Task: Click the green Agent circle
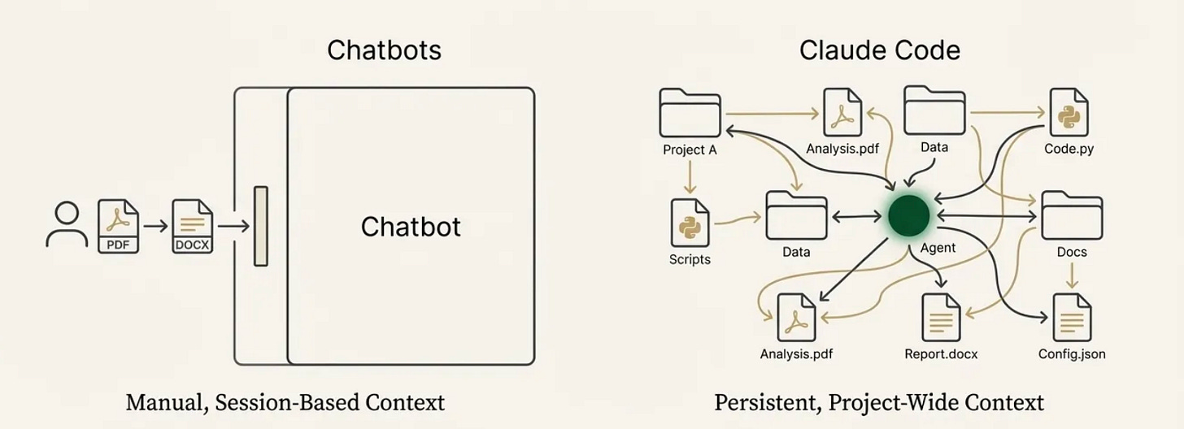click(x=908, y=215)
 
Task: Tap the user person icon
click(x=67, y=225)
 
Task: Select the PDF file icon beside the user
click(x=119, y=227)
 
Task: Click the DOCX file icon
click(x=193, y=227)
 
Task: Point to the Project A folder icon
click(x=690, y=113)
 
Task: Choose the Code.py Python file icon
click(x=1069, y=113)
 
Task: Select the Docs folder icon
click(x=1072, y=216)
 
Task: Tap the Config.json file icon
click(x=1073, y=318)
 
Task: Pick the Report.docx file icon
click(x=942, y=318)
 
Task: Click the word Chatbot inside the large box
click(x=411, y=227)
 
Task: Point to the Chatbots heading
click(x=384, y=50)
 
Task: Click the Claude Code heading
click(x=879, y=50)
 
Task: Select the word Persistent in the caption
click(x=762, y=402)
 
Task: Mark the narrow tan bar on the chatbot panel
click(x=260, y=227)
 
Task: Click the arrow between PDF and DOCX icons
click(x=155, y=227)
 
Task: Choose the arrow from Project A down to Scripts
click(x=690, y=177)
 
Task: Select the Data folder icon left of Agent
click(x=795, y=215)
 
